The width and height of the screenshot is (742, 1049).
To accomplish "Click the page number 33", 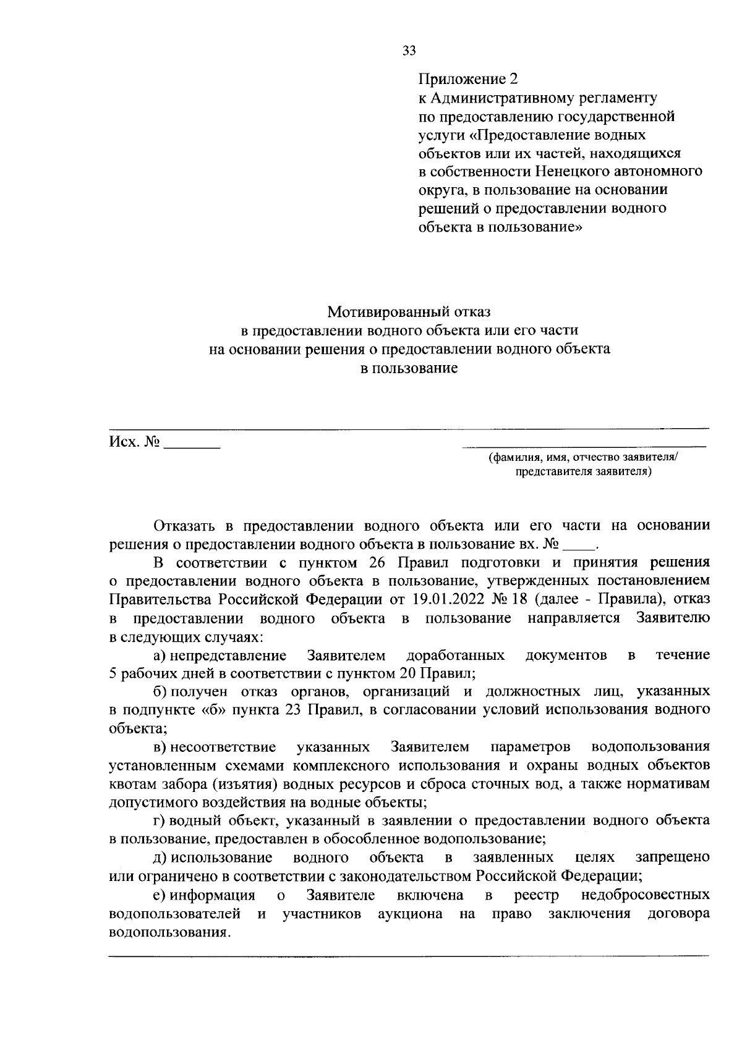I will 409,51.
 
